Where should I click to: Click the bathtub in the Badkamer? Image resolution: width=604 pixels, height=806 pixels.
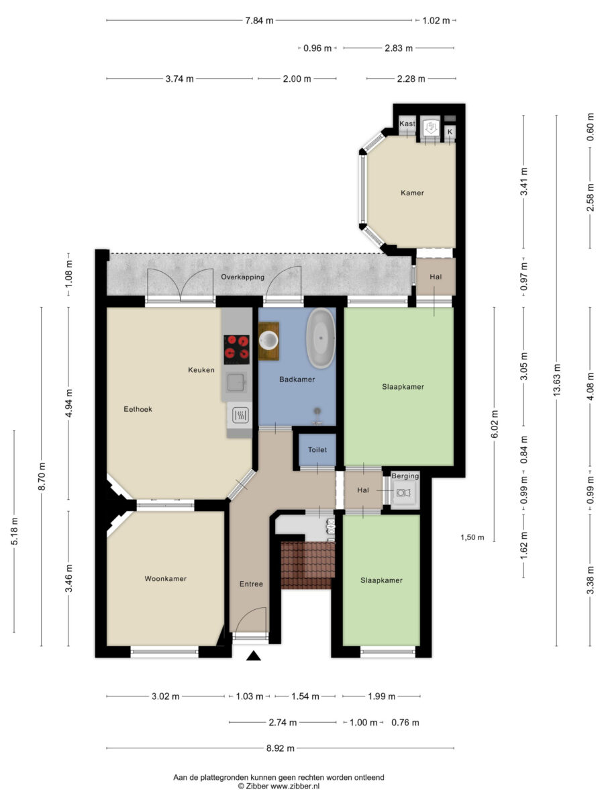coord(321,339)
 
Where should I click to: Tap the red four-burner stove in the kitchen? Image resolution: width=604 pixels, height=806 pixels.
coord(236,349)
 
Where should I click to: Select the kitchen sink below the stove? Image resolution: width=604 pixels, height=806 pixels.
coord(236,382)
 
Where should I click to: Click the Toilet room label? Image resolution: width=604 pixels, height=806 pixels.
coord(317,449)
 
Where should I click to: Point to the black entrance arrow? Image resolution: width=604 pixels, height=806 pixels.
coord(254,656)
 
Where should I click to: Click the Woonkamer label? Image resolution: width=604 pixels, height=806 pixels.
coord(165,578)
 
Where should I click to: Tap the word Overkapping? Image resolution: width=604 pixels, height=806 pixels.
coord(242,277)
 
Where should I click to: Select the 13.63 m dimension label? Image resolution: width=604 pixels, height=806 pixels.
coord(557,380)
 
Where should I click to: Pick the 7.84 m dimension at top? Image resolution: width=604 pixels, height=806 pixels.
coord(259,21)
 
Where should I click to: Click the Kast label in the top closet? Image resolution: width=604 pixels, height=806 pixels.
coord(407,124)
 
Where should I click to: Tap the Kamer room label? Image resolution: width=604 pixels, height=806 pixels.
coord(412,193)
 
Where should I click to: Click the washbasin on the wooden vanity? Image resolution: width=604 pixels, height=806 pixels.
coord(269,341)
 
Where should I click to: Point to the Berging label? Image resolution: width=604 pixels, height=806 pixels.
coord(405,476)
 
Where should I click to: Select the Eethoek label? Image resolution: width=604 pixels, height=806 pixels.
coord(138,409)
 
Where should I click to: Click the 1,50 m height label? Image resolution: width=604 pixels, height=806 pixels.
coord(472,537)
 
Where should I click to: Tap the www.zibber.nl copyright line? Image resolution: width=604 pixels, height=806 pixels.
coord(279,786)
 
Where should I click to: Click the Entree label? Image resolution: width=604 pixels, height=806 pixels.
coord(251,584)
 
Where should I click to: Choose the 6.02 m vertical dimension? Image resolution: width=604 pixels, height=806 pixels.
coord(494,424)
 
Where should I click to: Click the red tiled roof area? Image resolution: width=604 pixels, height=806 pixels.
coord(307,565)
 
